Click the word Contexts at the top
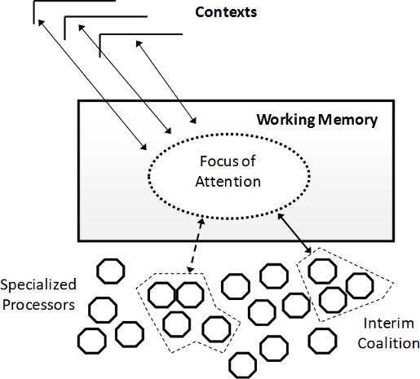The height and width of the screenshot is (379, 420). point(226,12)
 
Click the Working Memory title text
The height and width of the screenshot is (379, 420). point(317,120)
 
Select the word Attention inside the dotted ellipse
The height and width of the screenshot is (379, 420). point(228,182)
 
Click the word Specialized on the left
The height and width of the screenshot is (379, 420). point(38,285)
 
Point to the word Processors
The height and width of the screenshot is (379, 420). point(38,305)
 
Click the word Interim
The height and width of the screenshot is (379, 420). point(389,324)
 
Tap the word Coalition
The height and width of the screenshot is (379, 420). point(388,343)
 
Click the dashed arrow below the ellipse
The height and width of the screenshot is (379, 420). point(197,245)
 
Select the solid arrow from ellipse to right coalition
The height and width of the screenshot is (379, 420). point(294,233)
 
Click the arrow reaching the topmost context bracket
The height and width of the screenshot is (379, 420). point(92,85)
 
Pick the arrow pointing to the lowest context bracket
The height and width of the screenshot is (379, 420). point(166,82)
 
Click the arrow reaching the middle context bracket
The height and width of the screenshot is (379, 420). point(125,79)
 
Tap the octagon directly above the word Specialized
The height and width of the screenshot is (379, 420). point(111,271)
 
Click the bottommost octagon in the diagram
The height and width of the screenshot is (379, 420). point(242,365)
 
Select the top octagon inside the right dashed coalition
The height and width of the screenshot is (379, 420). point(322,271)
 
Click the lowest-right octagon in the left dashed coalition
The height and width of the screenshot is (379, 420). point(216,328)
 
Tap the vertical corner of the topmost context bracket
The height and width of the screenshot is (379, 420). point(34,1)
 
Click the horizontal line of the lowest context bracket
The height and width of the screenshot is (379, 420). point(141,34)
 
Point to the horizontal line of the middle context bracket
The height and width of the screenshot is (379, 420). point(106,17)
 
